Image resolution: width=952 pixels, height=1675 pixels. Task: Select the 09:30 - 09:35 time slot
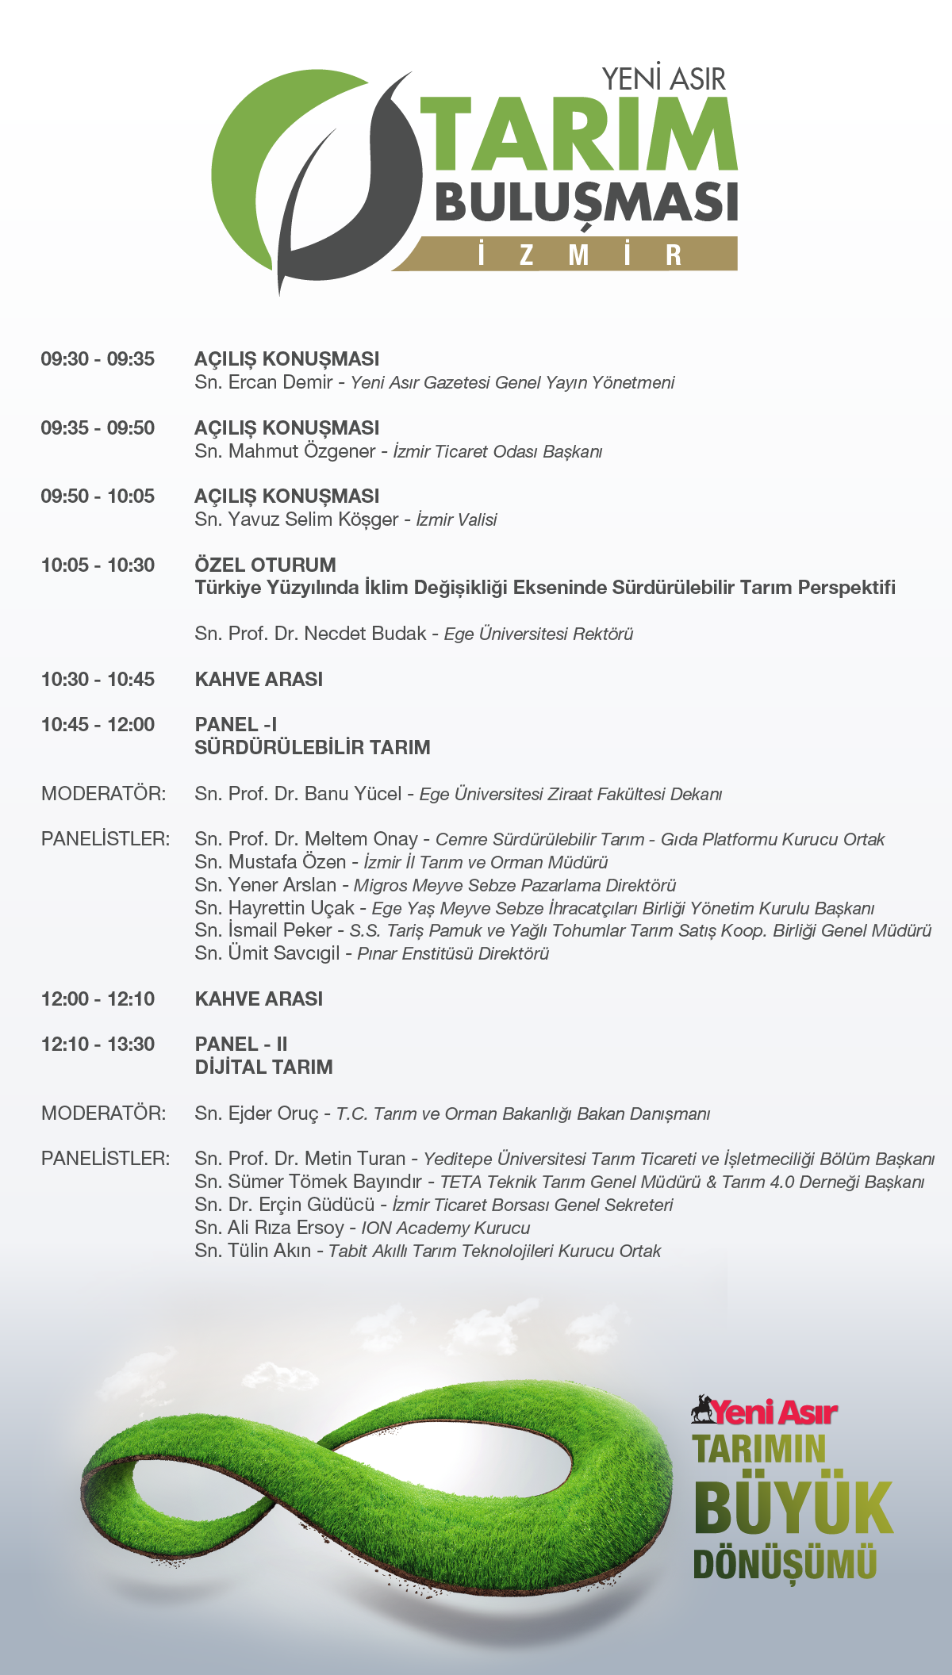[x=98, y=359]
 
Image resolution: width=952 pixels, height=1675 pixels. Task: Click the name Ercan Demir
[x=281, y=382]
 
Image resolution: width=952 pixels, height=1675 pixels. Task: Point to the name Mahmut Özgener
[x=301, y=451]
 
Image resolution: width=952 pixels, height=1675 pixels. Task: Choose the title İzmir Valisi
[x=456, y=520]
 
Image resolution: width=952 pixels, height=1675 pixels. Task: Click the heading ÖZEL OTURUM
[x=265, y=565]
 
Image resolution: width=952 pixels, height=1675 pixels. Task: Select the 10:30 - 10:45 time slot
[x=98, y=680]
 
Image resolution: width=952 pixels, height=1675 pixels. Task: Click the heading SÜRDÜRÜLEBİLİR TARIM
[x=313, y=747]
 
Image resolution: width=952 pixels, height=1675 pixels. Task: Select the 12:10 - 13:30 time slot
[x=98, y=1044]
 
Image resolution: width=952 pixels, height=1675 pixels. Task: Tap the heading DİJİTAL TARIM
[x=263, y=1067]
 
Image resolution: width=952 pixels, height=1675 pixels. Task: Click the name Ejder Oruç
[x=273, y=1113]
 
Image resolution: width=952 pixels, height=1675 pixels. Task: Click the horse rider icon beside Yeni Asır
[x=701, y=1409]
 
